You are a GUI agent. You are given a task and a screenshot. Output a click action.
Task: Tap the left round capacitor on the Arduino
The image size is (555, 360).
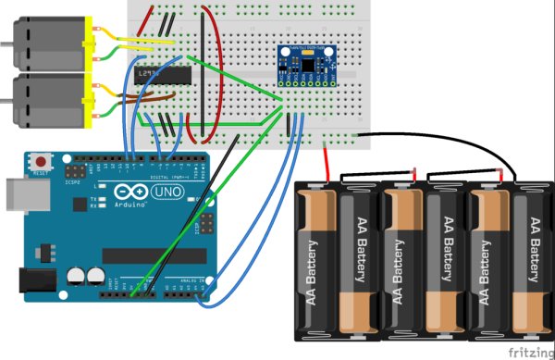pyautogui.click(x=75, y=276)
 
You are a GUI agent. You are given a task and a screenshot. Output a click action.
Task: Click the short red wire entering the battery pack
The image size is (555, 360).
pyautogui.click(x=327, y=162)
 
